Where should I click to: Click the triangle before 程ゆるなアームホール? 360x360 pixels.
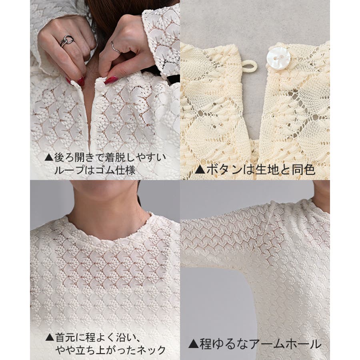tap(193, 344)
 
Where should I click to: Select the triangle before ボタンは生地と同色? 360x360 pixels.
tap(200, 170)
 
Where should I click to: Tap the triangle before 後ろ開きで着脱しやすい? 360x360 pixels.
tap(49, 158)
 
